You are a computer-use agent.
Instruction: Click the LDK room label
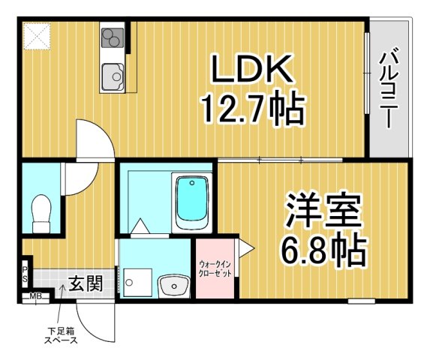250,70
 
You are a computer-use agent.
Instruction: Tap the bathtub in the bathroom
192,202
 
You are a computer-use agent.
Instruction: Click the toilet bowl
42,213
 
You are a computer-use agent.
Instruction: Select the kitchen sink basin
115,75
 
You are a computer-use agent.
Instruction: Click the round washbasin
175,286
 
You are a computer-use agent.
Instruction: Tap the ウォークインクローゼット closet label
215,268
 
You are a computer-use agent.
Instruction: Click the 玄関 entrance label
86,283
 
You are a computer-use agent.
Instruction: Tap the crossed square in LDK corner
35,35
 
